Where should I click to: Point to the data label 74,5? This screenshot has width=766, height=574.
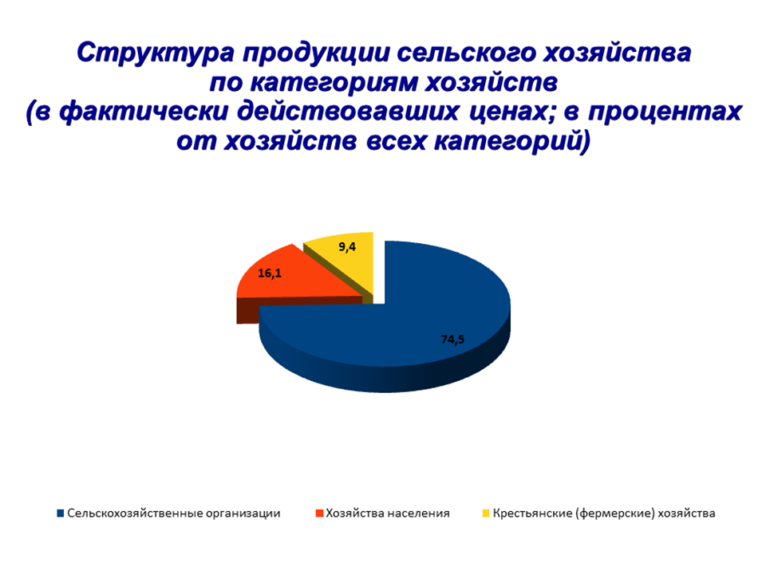[452, 340]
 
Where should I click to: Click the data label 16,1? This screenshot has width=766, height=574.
[270, 273]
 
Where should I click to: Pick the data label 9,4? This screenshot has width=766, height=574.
[347, 247]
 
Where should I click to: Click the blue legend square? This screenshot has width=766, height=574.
[61, 513]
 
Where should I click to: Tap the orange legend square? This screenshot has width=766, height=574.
[319, 513]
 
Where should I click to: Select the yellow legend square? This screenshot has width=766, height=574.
[486, 513]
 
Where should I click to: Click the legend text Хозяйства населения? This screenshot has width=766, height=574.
[388, 513]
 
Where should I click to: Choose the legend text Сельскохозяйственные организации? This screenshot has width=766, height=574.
[174, 513]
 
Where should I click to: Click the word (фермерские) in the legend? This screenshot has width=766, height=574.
[615, 513]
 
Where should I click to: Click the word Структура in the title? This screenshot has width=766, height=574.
[156, 53]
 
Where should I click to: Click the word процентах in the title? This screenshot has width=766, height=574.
[665, 112]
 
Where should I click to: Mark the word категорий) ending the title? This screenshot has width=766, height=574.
[512, 141]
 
